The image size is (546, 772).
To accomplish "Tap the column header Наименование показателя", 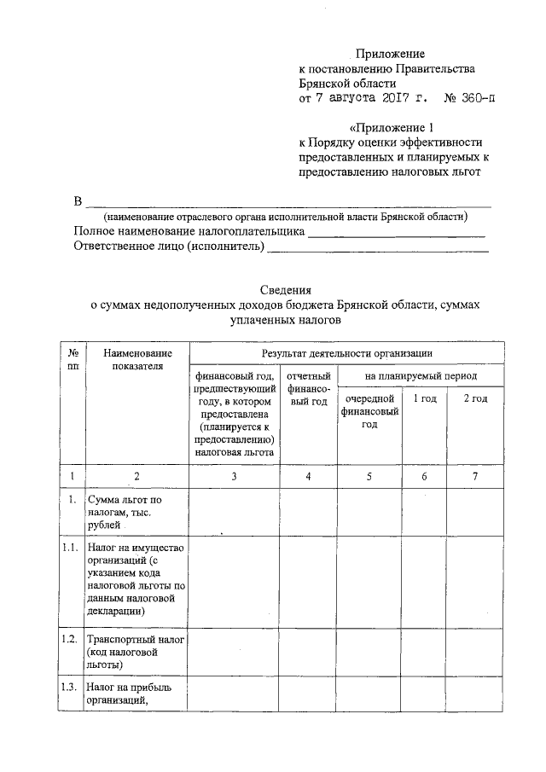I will [x=136, y=359].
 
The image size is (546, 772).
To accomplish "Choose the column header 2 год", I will [x=475, y=398].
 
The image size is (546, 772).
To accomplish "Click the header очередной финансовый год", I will [x=369, y=411].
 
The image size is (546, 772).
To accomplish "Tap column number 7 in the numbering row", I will [x=475, y=476].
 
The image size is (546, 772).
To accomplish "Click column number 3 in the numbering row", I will [x=234, y=476].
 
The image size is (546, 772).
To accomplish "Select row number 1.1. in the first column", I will [x=71, y=547].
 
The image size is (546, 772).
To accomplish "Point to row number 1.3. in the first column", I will [x=71, y=687].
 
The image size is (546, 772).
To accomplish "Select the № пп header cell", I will [x=74, y=359].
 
